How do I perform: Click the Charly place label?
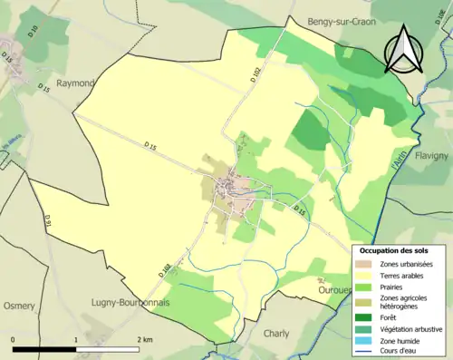pyautogui.click(x=276, y=333)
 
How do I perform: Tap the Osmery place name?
pyautogui.click(x=18, y=304)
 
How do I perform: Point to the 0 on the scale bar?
pyautogui.click(x=14, y=339)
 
